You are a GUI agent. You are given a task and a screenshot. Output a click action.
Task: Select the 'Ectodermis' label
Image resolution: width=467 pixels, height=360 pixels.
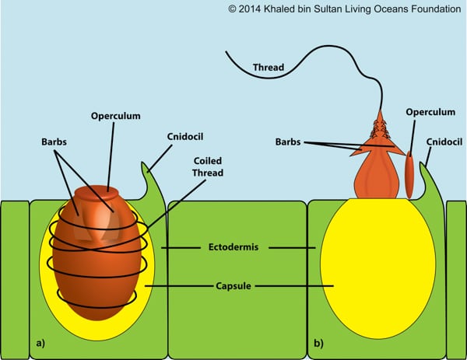(x=238, y=247)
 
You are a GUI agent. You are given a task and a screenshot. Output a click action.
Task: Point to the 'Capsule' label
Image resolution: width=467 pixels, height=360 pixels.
(x=238, y=285)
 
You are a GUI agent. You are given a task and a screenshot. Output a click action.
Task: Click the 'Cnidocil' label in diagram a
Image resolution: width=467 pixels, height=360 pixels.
(x=182, y=138)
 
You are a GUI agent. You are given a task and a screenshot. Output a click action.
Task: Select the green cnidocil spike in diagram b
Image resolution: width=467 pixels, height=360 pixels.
(x=425, y=174)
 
